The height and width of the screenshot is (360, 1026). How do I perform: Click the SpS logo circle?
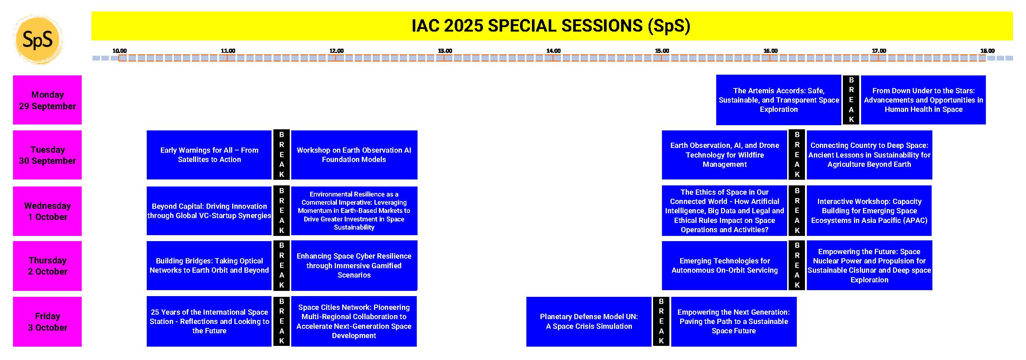click(x=38, y=40)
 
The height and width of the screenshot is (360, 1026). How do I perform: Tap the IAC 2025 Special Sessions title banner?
click(x=552, y=26)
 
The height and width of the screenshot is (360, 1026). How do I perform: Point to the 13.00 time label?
click(x=445, y=51)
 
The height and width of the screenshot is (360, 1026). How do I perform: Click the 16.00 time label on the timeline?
click(x=770, y=51)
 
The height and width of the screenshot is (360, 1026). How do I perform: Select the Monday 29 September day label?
click(x=48, y=100)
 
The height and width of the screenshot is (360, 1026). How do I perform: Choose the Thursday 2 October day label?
click(x=48, y=266)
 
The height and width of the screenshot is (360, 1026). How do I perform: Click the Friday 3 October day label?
click(x=48, y=321)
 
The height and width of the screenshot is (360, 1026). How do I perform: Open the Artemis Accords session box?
click(x=779, y=100)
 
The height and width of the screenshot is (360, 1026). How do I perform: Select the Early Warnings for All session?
click(x=209, y=155)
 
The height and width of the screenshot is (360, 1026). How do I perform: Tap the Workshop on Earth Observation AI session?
click(x=354, y=155)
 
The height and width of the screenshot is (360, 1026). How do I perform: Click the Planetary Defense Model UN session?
click(x=589, y=321)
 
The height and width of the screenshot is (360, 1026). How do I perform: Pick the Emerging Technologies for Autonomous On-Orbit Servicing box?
click(x=724, y=266)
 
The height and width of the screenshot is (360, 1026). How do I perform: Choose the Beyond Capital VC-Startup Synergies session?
click(x=209, y=211)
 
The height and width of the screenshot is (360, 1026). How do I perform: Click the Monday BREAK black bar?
click(x=851, y=100)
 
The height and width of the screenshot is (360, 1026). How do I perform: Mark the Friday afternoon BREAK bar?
click(x=661, y=321)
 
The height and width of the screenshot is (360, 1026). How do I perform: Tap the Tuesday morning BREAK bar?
click(x=282, y=155)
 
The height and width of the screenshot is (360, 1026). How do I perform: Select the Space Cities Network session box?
click(x=354, y=321)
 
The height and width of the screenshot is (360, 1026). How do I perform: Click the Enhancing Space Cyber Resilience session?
click(x=354, y=266)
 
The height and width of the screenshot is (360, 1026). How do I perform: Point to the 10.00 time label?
click(x=120, y=51)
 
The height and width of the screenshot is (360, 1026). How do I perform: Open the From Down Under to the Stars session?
click(x=923, y=100)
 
